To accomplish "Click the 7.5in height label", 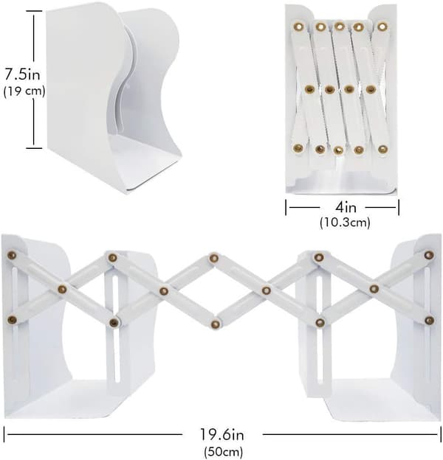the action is tap(22, 74).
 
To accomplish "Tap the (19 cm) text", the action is tap(24, 91).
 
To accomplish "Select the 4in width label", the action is tap(346, 207).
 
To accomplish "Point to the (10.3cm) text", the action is tap(345, 223).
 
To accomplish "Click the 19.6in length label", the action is tap(222, 434).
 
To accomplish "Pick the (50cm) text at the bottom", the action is tap(224, 451).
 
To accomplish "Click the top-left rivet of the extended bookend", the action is tap(12, 255).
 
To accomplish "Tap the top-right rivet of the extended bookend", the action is tap(429, 255).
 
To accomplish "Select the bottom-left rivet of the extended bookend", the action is tap(12, 319).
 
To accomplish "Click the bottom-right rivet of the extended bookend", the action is tap(429, 321).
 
